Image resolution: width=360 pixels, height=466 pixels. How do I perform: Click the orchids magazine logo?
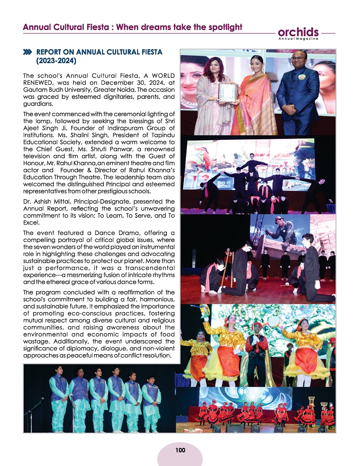point(299,32)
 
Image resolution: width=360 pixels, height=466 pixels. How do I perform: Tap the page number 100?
point(180,449)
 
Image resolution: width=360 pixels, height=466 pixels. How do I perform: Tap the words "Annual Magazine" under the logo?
point(299,39)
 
